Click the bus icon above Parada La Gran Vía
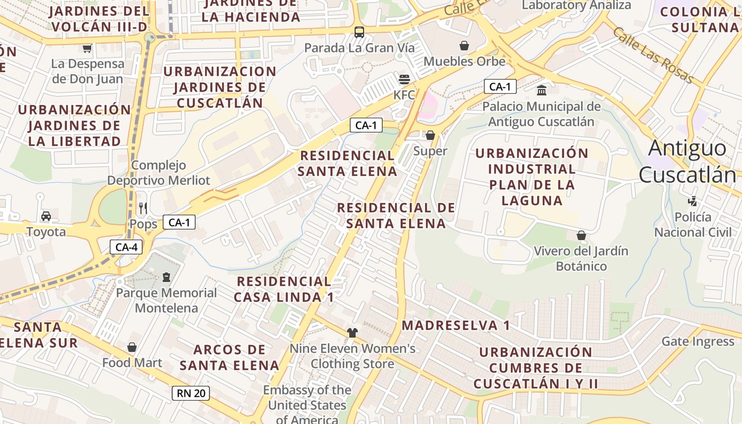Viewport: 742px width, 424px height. point(359,32)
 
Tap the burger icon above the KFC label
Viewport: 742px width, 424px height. point(404,80)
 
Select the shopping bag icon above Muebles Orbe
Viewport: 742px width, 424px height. point(464,46)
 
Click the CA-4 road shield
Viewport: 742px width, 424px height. point(126,246)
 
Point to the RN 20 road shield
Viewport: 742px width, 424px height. point(191,393)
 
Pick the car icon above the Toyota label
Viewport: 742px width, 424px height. point(46,216)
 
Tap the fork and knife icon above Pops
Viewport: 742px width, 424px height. point(143,208)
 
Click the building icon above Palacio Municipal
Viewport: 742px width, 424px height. point(542,90)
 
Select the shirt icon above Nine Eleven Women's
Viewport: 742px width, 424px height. point(352,333)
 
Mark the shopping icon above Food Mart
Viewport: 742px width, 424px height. point(132,347)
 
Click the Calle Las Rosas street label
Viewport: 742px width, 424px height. point(653,55)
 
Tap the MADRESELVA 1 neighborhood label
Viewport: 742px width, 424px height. point(456,325)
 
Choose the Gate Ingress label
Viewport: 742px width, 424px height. point(698,341)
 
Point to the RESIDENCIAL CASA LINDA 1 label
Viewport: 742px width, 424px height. point(284,289)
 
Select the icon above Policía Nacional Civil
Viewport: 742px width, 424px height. point(692,201)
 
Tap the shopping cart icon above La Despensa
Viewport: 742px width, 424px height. point(87,48)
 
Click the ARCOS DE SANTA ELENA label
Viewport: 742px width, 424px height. point(229,357)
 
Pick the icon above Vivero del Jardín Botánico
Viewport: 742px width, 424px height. point(581,235)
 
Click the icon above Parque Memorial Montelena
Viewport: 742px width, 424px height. point(166,277)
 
